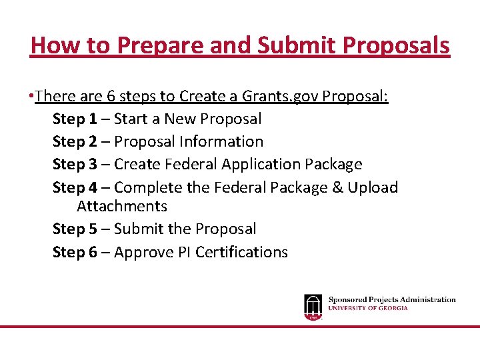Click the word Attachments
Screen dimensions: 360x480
point(122,207)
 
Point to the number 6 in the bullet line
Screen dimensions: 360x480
point(111,97)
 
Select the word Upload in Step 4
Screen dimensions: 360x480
point(373,188)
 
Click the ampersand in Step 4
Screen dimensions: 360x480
point(337,188)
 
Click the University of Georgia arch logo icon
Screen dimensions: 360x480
point(313,307)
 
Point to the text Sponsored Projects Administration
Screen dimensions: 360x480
point(392,300)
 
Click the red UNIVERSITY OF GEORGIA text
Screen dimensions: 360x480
point(368,309)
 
